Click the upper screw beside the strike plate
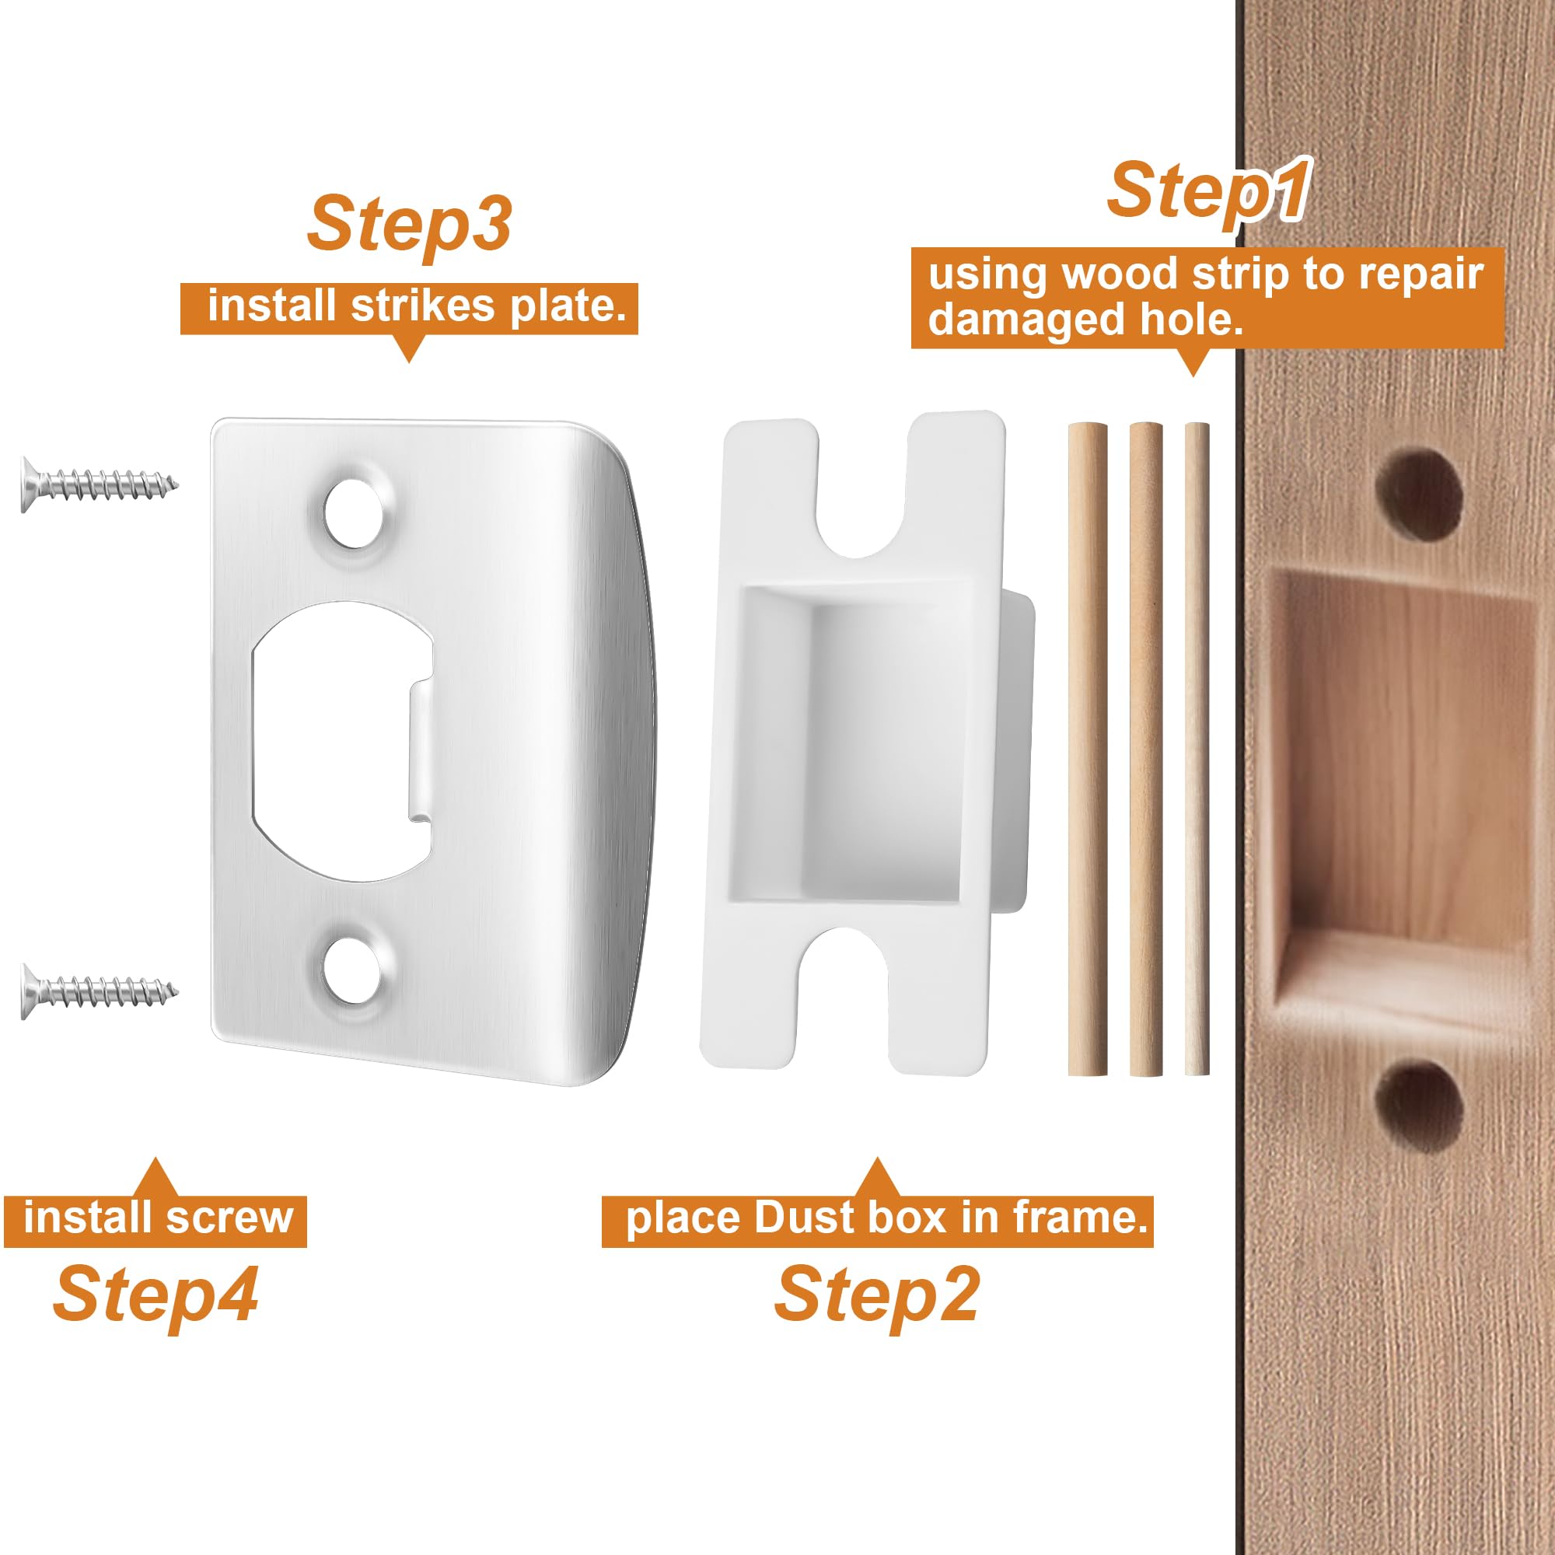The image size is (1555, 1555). click(96, 484)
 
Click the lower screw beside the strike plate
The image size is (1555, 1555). click(96, 991)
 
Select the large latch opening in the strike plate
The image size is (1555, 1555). click(338, 741)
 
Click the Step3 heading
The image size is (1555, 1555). click(409, 224)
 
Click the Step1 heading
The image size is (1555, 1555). click(1207, 191)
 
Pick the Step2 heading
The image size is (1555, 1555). click(876, 1295)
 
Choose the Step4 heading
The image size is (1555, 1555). click(155, 1295)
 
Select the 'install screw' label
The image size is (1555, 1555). click(156, 1218)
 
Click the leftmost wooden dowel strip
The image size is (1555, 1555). click(1088, 749)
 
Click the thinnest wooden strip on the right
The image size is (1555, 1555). click(1197, 749)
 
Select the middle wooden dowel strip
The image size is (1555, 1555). click(1145, 749)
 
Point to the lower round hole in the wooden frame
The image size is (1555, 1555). click(1418, 1105)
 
